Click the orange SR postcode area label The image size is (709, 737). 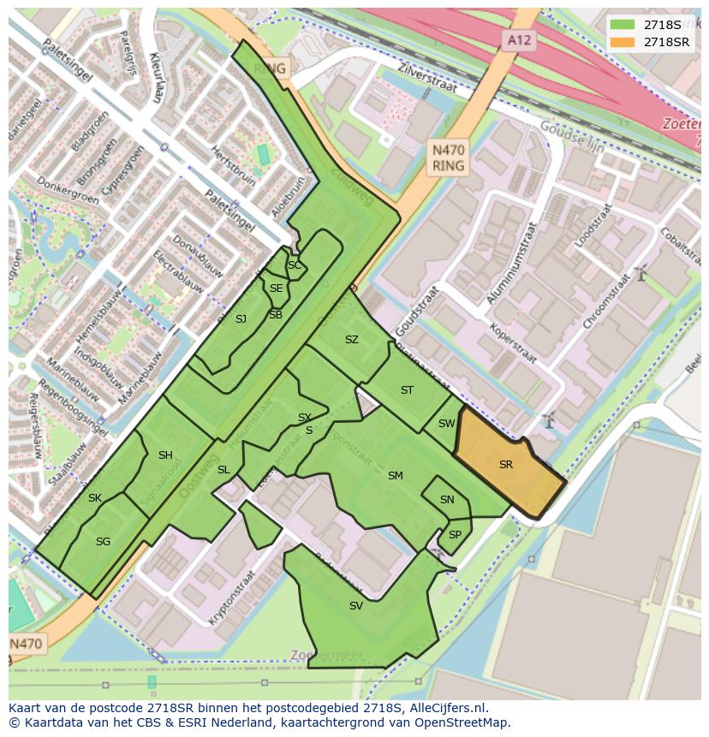point(506,465)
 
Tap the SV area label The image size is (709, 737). point(356,606)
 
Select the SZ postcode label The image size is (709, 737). point(351,340)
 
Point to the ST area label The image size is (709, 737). point(407,390)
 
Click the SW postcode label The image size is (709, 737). point(446,424)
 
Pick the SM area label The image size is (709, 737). point(395,476)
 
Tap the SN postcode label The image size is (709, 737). point(447,500)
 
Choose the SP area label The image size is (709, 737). point(455,535)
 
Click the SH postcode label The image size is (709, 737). point(165,455)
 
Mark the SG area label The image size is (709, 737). point(103,542)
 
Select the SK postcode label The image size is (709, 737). point(94,498)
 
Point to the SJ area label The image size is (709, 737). point(241,319)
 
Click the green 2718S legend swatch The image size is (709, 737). point(623,25)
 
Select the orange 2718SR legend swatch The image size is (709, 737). point(623,42)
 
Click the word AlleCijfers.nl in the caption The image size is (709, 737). point(446,708)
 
